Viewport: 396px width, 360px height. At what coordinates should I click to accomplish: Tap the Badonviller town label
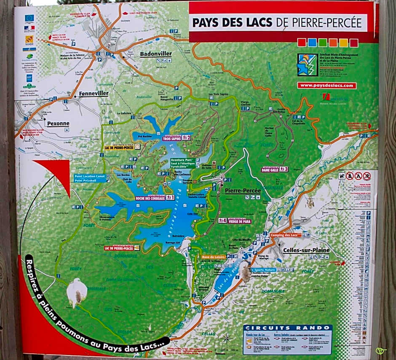(x=156, y=54)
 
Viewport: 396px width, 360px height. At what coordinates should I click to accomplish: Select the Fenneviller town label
(x=94, y=93)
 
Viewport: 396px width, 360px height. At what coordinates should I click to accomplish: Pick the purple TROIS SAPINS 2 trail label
(x=177, y=137)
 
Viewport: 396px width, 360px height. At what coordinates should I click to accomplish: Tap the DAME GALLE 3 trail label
(x=275, y=169)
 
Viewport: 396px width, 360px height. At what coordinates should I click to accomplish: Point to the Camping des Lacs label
(x=286, y=235)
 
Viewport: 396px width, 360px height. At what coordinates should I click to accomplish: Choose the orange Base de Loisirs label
(x=214, y=256)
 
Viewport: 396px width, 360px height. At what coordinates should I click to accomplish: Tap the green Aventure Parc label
(x=182, y=160)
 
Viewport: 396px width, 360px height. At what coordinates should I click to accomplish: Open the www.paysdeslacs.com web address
(x=327, y=85)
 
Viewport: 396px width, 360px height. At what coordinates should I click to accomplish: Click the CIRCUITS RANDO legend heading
(x=287, y=328)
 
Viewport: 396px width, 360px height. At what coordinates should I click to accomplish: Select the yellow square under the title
(x=343, y=43)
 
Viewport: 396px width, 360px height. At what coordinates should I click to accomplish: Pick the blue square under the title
(x=312, y=43)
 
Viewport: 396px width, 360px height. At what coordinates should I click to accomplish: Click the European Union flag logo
(x=29, y=18)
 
